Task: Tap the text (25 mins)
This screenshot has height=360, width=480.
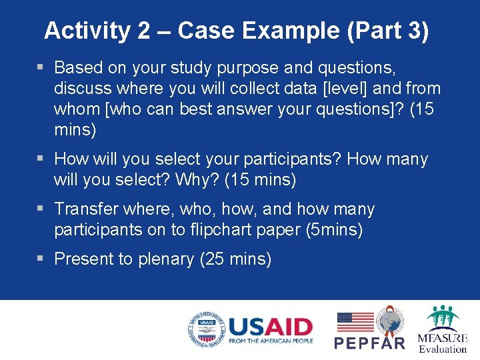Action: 235,259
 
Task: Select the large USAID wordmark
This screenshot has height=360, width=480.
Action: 270,327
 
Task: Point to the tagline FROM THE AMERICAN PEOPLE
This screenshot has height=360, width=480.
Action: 270,341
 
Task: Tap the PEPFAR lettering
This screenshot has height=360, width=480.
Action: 369,343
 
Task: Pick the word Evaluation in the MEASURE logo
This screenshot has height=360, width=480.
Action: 443,349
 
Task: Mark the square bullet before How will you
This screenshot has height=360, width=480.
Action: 41,159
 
